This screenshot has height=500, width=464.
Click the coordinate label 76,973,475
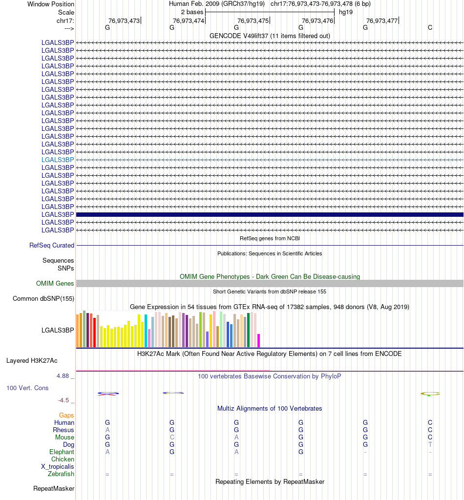[253, 21]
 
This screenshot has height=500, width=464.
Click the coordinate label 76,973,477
[382, 21]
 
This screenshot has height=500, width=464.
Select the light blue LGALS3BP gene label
[58, 160]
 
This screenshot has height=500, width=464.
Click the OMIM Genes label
[55, 284]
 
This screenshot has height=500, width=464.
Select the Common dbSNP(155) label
[43, 298]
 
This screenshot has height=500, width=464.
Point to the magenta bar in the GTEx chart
[258, 340]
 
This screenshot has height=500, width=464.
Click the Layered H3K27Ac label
[32, 361]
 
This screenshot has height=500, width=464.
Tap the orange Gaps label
[66, 415]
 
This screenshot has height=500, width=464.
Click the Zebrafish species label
[61, 474]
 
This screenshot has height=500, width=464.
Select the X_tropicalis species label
[58, 467]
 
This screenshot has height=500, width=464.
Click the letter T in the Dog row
[430, 445]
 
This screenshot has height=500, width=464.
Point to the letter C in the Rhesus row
[430, 430]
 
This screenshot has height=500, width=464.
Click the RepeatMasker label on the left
[54, 489]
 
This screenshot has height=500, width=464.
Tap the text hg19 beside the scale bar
[346, 12]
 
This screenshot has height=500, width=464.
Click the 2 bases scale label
[192, 12]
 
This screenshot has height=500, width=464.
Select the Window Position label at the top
[51, 4]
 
